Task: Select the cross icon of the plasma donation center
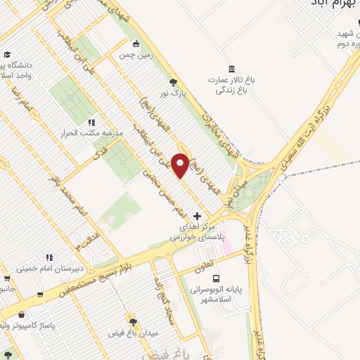(x=197, y=216)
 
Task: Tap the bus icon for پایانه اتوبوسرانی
(x=216, y=278)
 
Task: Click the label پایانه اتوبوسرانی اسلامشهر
(x=215, y=295)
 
